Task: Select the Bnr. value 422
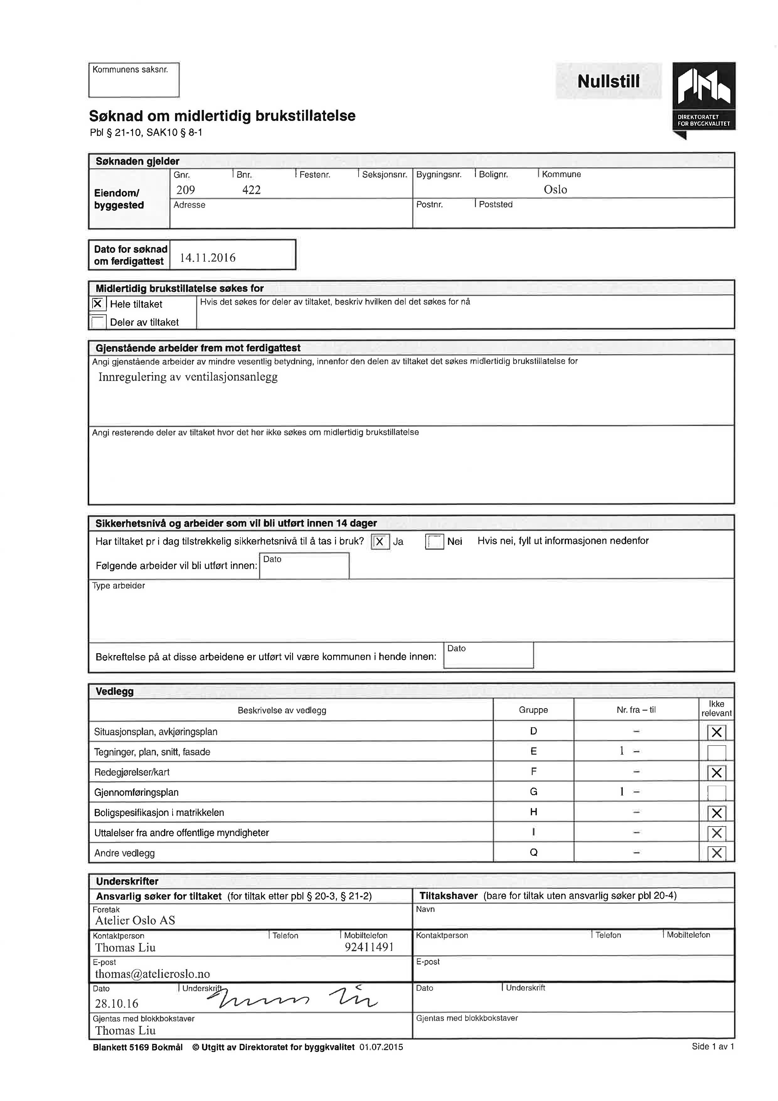click(x=252, y=190)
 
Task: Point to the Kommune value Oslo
click(x=555, y=189)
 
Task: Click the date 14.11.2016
click(x=207, y=258)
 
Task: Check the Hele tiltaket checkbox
click(x=98, y=304)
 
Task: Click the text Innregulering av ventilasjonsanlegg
click(x=188, y=377)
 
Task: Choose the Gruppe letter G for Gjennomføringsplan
click(x=533, y=792)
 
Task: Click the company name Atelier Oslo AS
click(x=135, y=920)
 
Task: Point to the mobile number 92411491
click(x=369, y=947)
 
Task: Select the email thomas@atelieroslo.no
click(x=152, y=974)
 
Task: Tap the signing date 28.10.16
click(x=116, y=1003)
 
